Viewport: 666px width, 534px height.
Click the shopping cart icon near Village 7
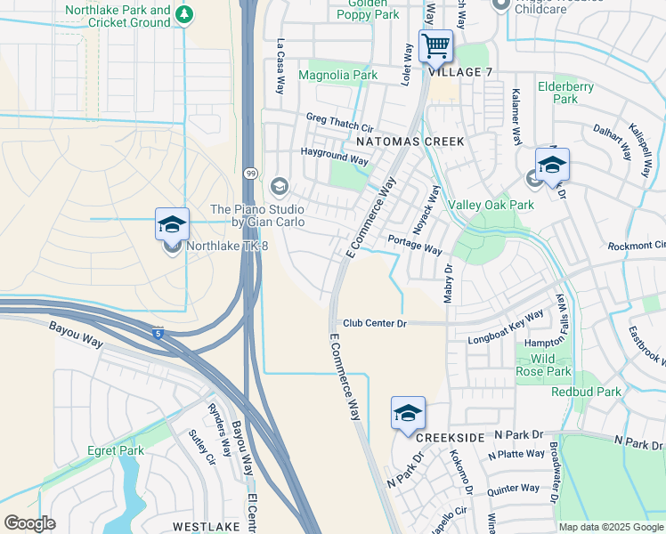click(435, 45)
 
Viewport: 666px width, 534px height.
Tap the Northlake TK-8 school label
click(226, 246)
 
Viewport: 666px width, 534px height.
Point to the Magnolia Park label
click(337, 77)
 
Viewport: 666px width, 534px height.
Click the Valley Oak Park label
click(491, 205)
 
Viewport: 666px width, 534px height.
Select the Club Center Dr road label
click(374, 324)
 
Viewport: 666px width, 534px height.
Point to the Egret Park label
click(115, 451)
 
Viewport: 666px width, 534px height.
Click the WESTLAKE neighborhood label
click(206, 527)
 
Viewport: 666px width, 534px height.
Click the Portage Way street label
click(415, 245)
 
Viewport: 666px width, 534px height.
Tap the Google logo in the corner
click(29, 523)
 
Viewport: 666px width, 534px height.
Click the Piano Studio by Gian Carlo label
click(256, 214)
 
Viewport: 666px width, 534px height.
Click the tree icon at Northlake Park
click(183, 14)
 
